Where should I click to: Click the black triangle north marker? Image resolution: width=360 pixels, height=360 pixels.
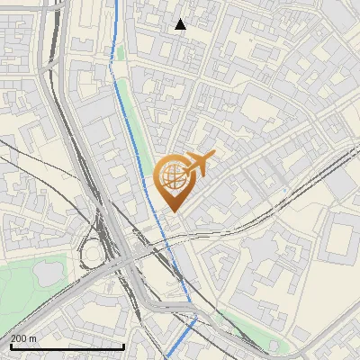click(181, 24)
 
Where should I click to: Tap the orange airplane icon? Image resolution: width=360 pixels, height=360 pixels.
click(197, 164)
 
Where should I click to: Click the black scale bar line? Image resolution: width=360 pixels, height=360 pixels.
click(67, 346)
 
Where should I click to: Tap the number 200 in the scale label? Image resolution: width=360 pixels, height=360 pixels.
click(19, 338)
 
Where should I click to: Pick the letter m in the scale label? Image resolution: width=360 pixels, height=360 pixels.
click(32, 338)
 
